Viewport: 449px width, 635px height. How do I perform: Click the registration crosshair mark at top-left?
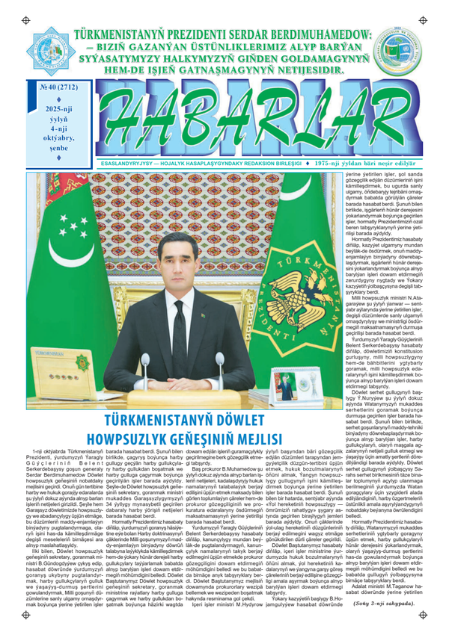click(x=26, y=15)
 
